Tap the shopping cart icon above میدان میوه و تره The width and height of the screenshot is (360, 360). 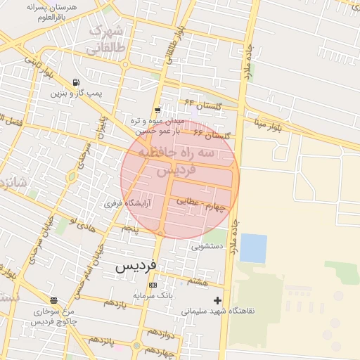(157, 110)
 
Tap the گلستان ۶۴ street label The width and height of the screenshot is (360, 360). (198, 104)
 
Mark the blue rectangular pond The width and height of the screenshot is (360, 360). (253, 248)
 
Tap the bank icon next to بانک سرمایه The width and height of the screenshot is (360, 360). (153, 285)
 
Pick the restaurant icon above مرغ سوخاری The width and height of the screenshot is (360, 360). (54, 300)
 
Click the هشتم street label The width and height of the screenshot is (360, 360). (198, 282)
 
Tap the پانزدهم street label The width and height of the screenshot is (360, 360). (103, 340)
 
